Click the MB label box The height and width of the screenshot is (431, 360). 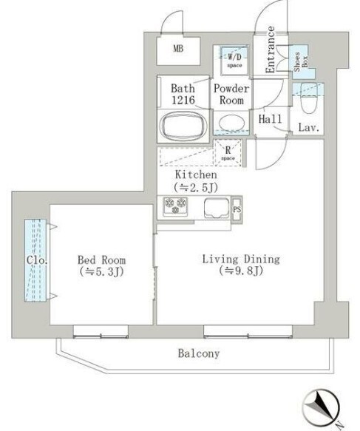point(177,50)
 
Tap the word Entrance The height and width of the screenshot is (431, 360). point(271,50)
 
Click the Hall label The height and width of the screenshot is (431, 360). point(268,119)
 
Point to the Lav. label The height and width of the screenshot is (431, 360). point(308,128)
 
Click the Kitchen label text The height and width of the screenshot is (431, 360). point(195,175)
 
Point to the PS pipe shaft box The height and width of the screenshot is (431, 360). point(237,208)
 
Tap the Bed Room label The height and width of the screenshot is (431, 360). point(101,260)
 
